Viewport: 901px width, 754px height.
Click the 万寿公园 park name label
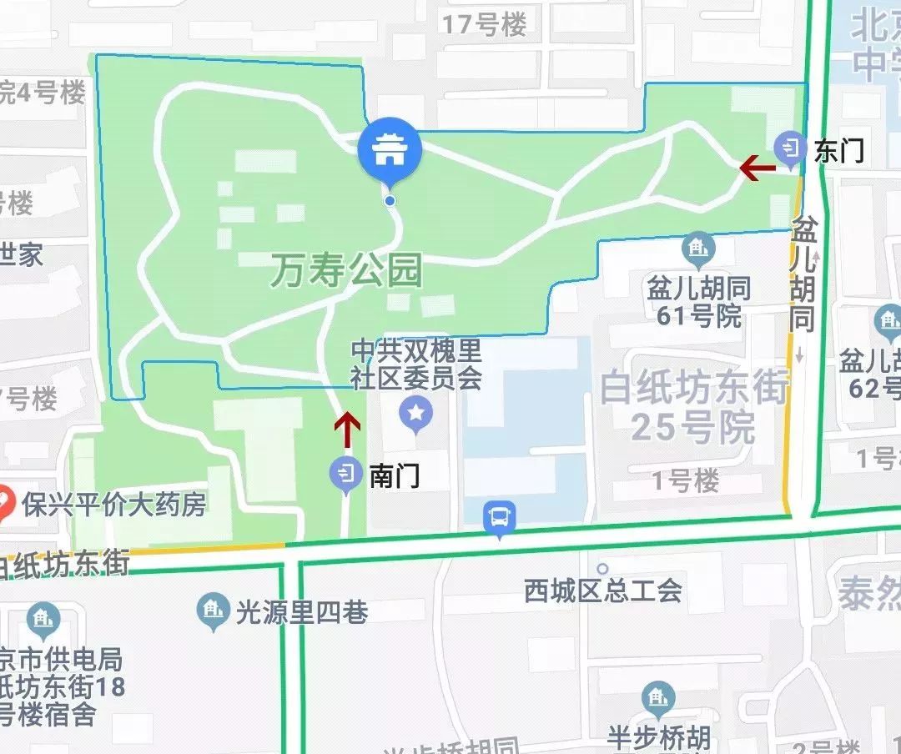point(345,271)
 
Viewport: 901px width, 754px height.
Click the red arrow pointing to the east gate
point(758,168)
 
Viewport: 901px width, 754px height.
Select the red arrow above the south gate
point(347,430)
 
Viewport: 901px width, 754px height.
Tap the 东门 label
point(838,151)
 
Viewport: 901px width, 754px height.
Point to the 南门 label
point(394,475)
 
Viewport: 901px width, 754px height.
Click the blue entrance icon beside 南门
point(345,474)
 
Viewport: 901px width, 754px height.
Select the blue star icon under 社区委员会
point(415,411)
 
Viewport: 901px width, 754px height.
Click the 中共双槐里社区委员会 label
point(416,364)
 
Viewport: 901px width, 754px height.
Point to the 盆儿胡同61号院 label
point(699,302)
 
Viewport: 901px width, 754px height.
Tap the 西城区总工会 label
point(603,591)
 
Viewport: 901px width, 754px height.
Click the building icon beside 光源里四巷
point(213,611)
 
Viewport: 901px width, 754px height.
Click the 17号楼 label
point(485,25)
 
